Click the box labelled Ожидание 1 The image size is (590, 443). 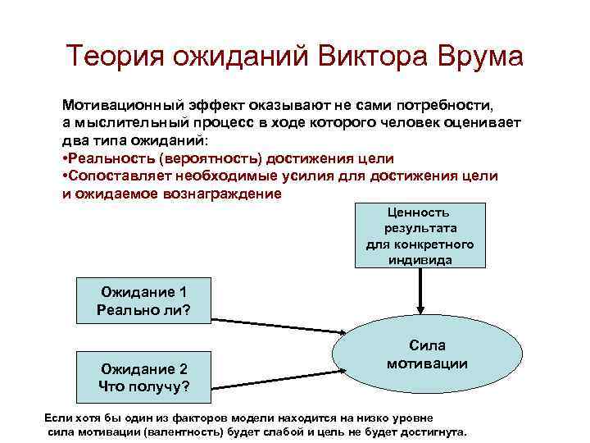coord(143,300)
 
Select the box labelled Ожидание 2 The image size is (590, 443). coord(143,377)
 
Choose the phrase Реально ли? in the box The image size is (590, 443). coord(143,309)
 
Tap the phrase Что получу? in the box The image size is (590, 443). coord(143,386)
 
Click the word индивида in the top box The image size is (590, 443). coord(420,260)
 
